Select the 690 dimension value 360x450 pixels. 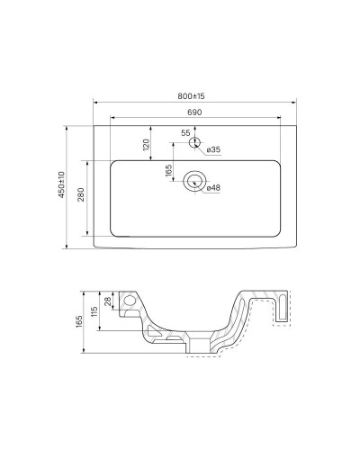193,112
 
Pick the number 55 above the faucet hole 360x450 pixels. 185,132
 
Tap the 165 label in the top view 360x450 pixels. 168,171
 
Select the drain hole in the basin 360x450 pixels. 193,181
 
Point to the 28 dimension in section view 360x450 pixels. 108,301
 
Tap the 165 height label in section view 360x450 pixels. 81,319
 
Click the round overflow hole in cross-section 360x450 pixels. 130,301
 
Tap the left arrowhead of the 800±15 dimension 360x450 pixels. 95,101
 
